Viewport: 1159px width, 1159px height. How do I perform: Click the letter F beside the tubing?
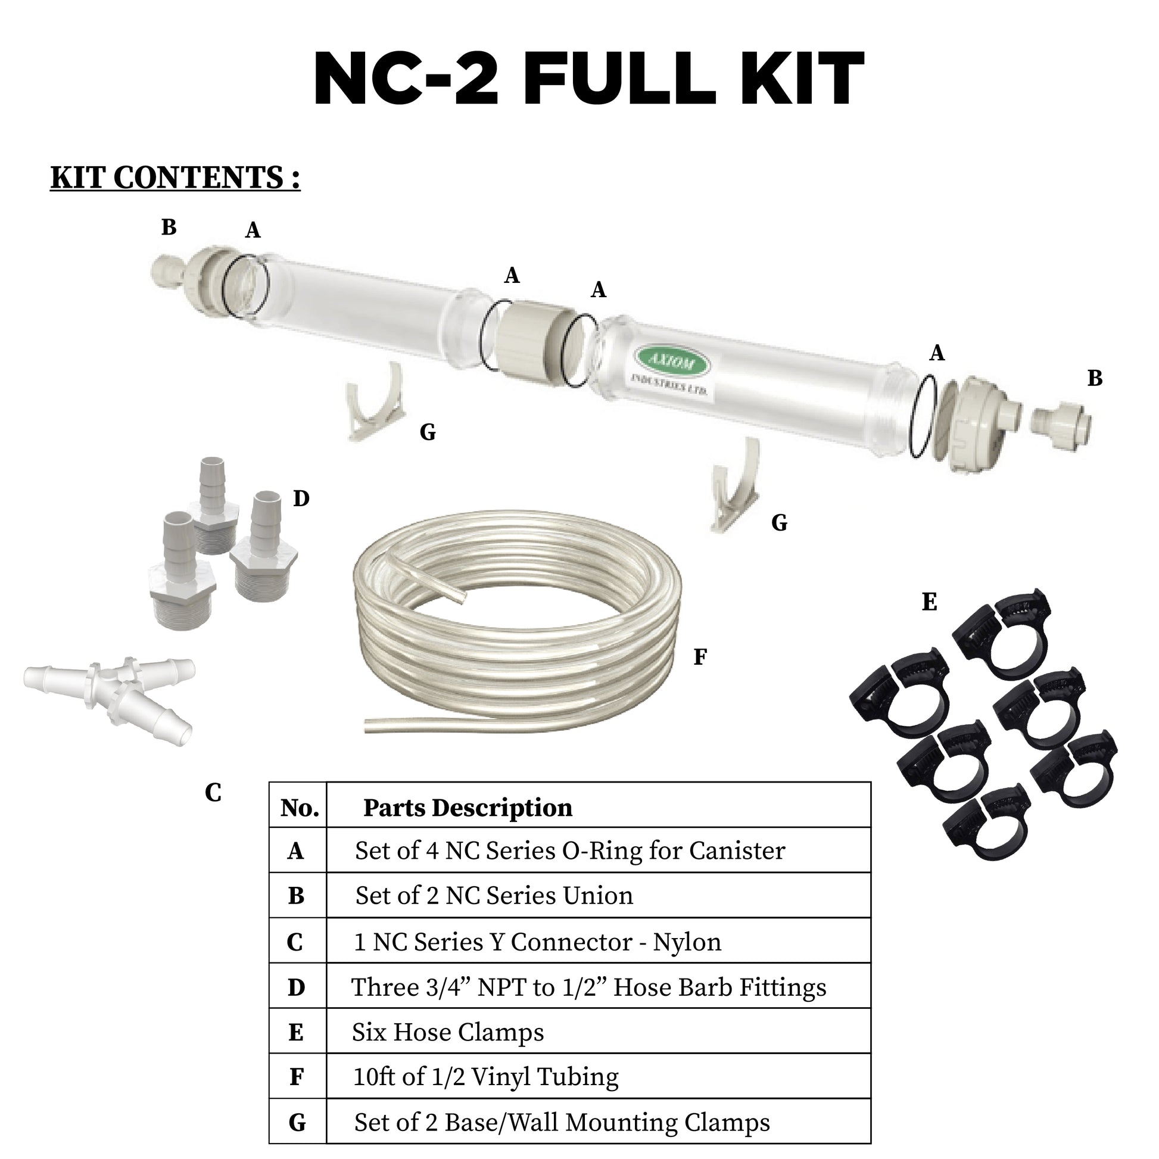(699, 658)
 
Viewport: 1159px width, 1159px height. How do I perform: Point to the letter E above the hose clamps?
(929, 602)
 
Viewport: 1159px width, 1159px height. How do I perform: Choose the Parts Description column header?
(468, 808)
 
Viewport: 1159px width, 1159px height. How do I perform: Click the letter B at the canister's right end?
(1095, 378)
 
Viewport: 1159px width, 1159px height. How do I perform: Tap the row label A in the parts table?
(296, 851)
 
